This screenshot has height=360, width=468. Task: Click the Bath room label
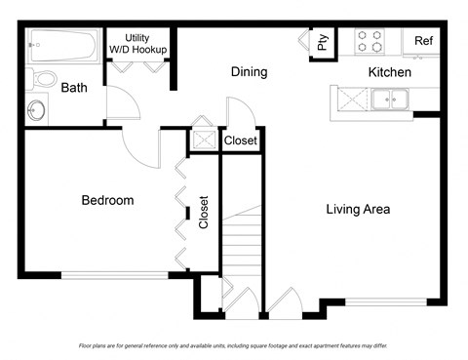[x=74, y=88]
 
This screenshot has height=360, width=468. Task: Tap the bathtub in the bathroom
[x=62, y=45]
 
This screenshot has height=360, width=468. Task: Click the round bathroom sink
[x=39, y=109]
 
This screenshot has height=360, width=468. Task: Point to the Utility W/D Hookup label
[x=137, y=44]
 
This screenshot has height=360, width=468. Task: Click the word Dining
[x=250, y=72]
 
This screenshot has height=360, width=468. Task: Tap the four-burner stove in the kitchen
[x=370, y=40]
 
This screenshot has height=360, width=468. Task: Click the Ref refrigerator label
[x=423, y=41]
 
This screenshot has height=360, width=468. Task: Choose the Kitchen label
[x=389, y=72]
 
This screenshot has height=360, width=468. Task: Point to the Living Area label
[x=358, y=209]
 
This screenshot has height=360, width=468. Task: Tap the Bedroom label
[x=107, y=200]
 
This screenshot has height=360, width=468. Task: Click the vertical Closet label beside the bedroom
[x=204, y=214]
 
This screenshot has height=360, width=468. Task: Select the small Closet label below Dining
[x=241, y=141]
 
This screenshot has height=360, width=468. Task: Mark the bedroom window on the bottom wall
[x=114, y=275]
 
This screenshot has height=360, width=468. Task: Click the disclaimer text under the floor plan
[x=233, y=346]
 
